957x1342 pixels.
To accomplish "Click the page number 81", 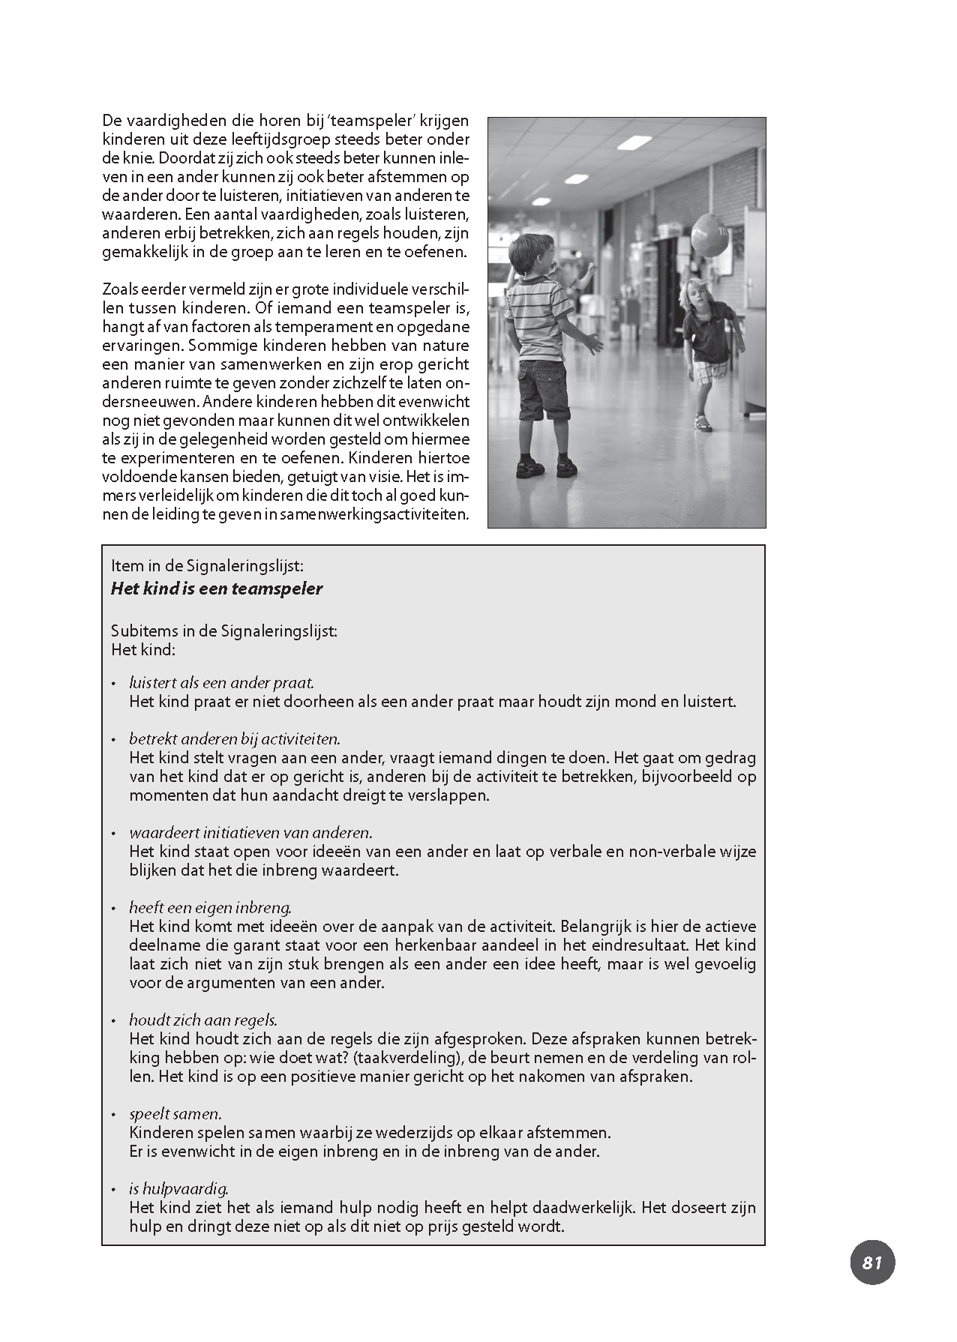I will click(x=872, y=1262).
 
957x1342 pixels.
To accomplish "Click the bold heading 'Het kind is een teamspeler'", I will click(x=216, y=589).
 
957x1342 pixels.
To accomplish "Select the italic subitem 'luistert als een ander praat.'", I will click(x=221, y=683).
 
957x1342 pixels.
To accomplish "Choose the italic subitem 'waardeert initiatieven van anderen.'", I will click(x=250, y=832).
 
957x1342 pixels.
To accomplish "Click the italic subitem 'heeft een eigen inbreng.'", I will click(x=210, y=907).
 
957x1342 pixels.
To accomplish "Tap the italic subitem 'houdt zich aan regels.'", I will click(x=203, y=1020).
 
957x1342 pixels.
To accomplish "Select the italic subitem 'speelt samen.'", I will click(x=175, y=1113).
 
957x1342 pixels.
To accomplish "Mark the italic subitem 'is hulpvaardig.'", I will click(x=178, y=1188).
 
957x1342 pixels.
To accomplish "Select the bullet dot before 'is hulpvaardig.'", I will click(x=114, y=1190).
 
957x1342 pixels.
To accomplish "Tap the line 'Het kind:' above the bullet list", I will click(x=142, y=649).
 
